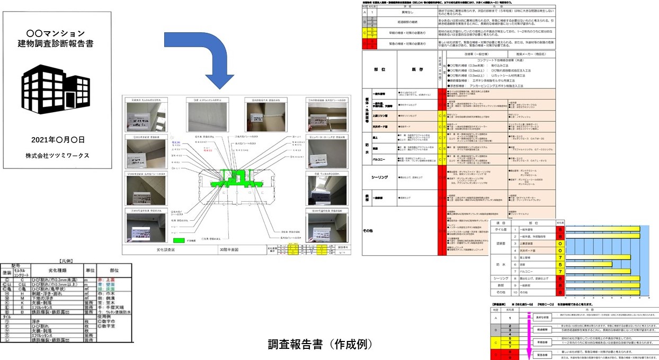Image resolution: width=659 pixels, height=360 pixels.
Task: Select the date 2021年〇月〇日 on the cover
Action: (57, 140)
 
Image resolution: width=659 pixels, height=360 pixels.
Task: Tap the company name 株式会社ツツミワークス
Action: (57, 156)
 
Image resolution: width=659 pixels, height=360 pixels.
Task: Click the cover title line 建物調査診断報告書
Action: (57, 42)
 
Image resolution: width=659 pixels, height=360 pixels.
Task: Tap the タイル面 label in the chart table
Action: (501, 230)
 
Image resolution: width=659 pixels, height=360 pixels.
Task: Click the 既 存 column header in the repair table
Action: (417, 69)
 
